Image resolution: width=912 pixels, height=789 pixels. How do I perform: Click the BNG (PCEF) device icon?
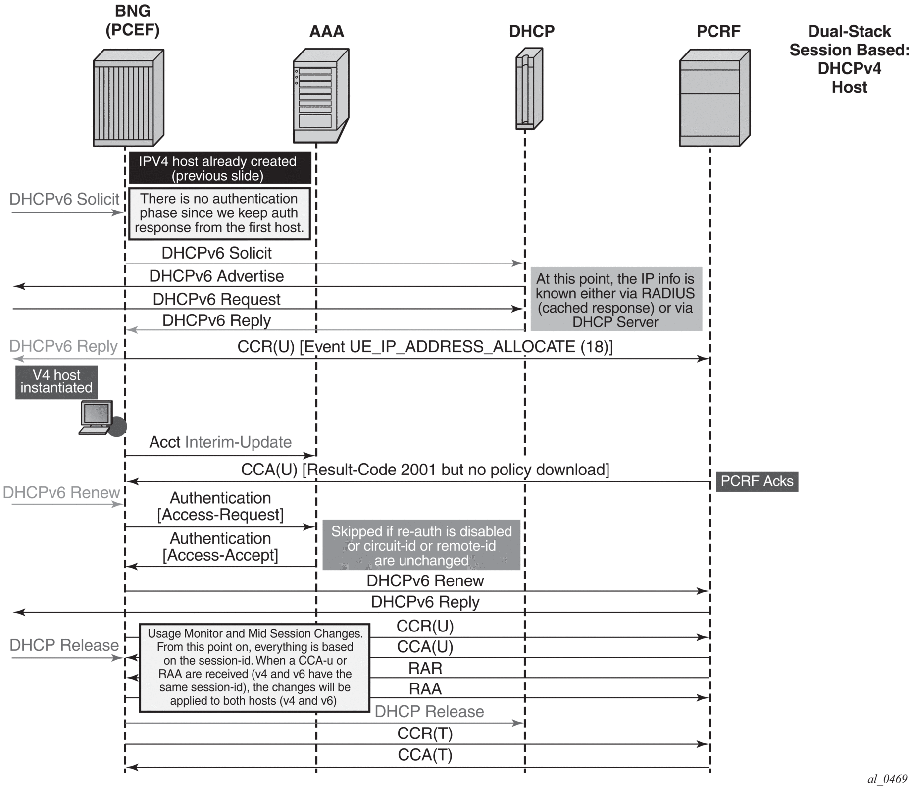129,98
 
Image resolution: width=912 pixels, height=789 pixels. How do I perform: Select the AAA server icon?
321,96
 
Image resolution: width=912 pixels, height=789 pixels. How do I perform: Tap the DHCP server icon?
529,89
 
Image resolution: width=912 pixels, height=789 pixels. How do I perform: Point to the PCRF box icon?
714,98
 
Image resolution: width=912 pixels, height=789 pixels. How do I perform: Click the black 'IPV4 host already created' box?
220,168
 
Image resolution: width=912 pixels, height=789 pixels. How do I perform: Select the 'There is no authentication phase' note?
219,213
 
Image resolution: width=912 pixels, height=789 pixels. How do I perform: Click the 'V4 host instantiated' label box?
56,382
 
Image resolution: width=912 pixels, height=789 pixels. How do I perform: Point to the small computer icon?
97,418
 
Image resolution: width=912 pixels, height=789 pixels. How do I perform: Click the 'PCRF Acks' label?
757,481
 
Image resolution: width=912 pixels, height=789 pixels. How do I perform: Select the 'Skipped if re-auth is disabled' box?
421,545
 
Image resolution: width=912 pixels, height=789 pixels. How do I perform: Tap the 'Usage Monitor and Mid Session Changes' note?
254,668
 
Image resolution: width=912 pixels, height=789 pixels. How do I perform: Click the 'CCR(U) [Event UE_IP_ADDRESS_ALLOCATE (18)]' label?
425,347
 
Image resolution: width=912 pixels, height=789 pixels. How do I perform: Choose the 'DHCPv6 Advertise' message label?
216,276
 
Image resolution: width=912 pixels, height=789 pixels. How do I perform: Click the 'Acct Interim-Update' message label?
220,442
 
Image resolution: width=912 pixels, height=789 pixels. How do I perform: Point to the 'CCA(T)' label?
425,755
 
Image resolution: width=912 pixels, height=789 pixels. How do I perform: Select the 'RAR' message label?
425,668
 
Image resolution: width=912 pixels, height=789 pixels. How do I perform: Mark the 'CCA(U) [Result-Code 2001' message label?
425,470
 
